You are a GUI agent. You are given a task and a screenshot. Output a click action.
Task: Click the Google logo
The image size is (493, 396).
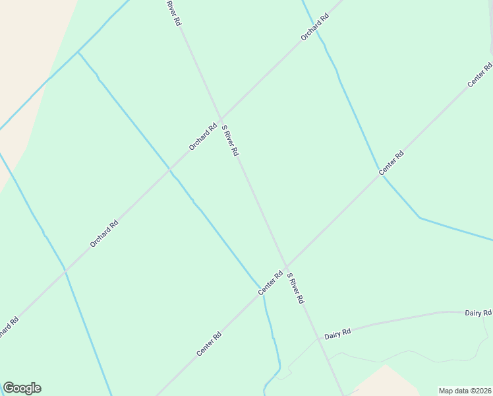(x=22, y=388)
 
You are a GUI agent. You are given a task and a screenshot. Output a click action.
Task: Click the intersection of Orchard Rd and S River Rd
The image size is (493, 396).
(x=220, y=119)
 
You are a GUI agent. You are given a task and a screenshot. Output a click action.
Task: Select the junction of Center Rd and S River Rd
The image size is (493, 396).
(x=286, y=267)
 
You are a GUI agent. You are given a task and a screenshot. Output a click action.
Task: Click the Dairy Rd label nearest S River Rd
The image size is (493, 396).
(x=337, y=333)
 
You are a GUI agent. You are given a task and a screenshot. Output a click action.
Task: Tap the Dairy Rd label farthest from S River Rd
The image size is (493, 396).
(x=478, y=312)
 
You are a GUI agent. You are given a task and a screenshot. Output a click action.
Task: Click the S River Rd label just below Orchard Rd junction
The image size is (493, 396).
(x=230, y=140)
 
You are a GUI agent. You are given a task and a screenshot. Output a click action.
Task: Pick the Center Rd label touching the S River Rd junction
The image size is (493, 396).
(x=270, y=282)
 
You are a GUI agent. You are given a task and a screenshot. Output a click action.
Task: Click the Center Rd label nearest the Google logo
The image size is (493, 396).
(x=209, y=344)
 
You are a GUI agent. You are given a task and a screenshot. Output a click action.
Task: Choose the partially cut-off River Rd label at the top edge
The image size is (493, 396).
(x=173, y=13)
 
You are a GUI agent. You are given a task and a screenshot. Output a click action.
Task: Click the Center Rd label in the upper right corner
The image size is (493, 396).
(x=480, y=75)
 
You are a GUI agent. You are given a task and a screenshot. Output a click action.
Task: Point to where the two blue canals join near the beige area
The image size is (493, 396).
(x=78, y=51)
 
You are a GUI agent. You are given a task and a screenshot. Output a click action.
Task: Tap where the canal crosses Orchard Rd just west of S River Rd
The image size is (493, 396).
(x=170, y=170)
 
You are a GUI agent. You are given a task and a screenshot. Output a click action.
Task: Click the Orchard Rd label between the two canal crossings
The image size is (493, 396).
(x=104, y=234)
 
